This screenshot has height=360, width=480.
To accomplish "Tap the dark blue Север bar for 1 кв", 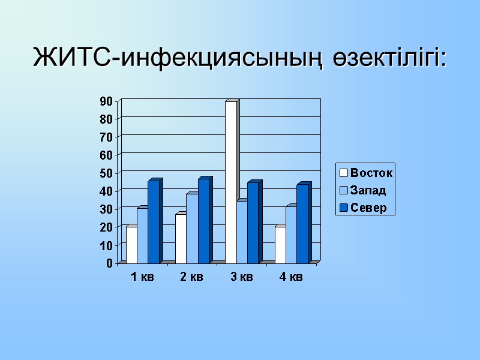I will point(154,222).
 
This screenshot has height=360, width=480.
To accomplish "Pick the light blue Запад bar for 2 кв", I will point(192,229).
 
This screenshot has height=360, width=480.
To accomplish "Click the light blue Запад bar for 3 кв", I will point(242,232).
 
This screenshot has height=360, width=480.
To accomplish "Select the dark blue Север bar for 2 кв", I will point(203,221).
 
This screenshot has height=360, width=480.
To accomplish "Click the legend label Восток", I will point(371,173).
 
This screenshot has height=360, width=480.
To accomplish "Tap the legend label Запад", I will point(368,191).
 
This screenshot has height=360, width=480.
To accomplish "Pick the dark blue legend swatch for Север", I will point(344,208).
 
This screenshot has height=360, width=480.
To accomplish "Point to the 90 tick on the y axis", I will point(106,101).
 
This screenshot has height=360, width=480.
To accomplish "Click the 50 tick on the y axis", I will point(106,173).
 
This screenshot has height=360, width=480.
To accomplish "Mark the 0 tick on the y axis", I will point(109,263).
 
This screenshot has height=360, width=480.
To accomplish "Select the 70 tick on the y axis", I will point(106,137).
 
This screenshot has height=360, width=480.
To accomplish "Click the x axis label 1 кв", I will point(142,277).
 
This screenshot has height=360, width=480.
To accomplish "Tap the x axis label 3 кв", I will point(242,277).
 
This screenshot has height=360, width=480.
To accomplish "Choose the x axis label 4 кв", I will point(291,277).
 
